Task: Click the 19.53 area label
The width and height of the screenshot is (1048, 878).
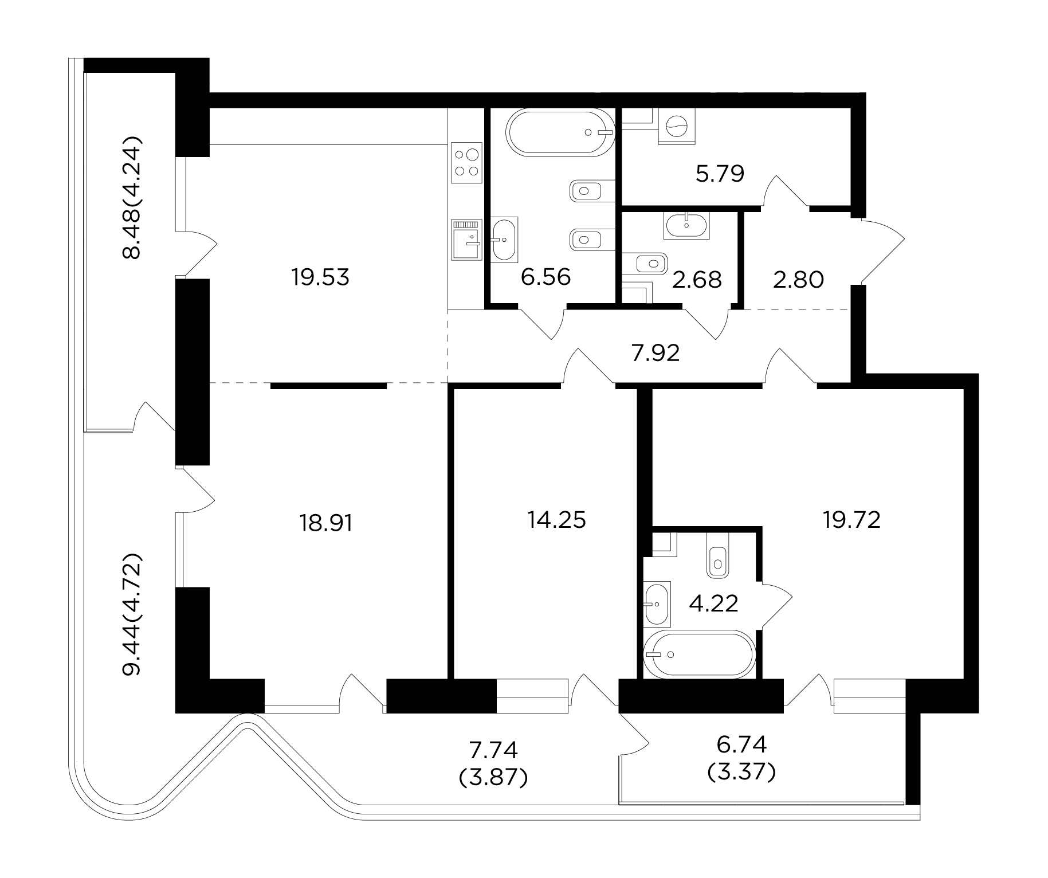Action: pyautogui.click(x=320, y=278)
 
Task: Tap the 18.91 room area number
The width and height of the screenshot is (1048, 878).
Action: pyautogui.click(x=326, y=523)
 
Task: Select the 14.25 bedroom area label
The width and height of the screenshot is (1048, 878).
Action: pyautogui.click(x=557, y=520)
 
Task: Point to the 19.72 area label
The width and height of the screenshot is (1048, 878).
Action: pyautogui.click(x=851, y=520)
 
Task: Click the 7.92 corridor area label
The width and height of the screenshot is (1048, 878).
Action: pyautogui.click(x=656, y=354)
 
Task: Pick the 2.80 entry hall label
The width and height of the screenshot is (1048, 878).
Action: pyautogui.click(x=799, y=280)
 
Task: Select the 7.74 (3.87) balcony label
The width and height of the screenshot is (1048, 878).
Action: pyautogui.click(x=493, y=763)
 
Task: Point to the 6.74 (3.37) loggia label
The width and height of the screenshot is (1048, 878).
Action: pyautogui.click(x=741, y=759)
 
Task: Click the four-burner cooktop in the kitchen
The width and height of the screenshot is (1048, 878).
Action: pyautogui.click(x=466, y=163)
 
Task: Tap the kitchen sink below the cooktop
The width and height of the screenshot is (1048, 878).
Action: pyautogui.click(x=465, y=240)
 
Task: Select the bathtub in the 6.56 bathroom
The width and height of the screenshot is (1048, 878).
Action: pyautogui.click(x=560, y=132)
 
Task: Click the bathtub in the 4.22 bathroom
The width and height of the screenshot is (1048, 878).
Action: pyautogui.click(x=697, y=654)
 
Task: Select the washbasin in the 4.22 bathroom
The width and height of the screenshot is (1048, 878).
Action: pyautogui.click(x=657, y=603)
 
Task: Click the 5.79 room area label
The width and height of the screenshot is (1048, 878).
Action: pyautogui.click(x=720, y=173)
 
